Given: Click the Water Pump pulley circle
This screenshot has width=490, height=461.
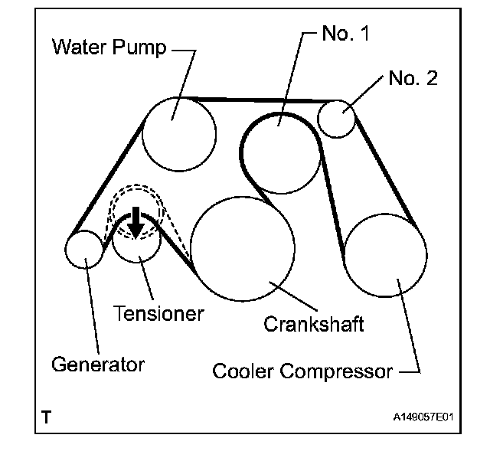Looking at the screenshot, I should coord(178,134).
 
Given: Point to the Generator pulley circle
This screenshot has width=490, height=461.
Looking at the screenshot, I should coord(84,250).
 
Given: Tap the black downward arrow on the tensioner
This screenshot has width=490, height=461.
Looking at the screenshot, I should coord(136,221).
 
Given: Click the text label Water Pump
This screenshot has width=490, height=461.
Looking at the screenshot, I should coord(109,47).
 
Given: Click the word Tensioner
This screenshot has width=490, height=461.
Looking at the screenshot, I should coord(158,312).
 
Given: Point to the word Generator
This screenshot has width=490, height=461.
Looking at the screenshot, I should coord(98,364).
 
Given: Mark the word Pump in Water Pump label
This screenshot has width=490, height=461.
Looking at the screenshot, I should coord(142,47).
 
